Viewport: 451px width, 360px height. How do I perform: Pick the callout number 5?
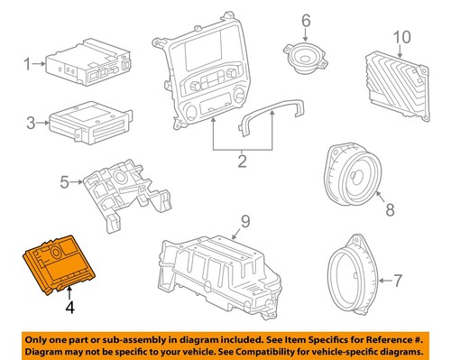[x=64, y=182]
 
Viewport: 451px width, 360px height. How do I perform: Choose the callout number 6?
[x=305, y=20]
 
